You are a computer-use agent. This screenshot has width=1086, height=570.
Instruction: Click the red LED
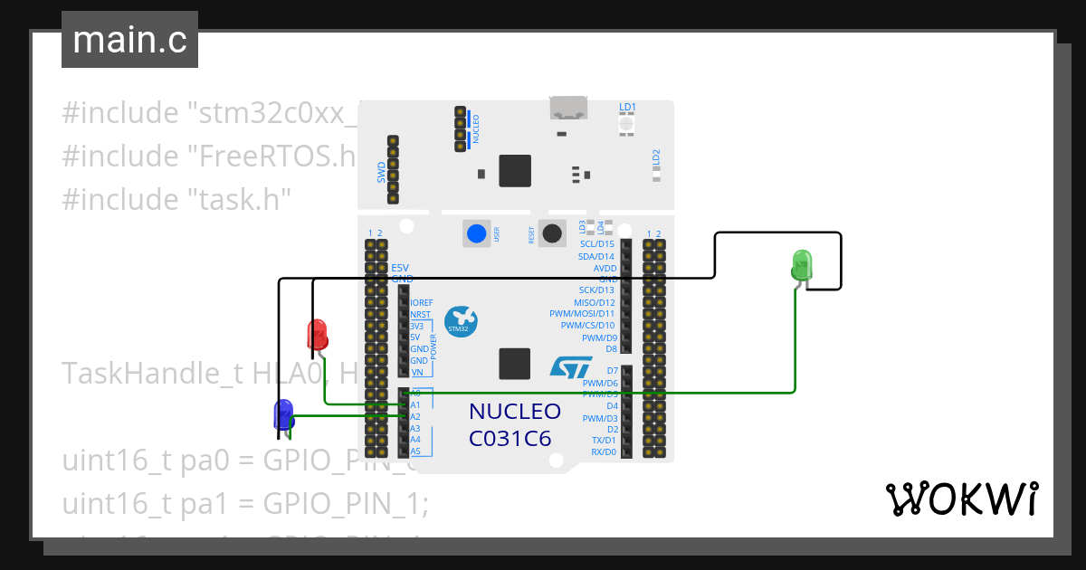[x=317, y=334]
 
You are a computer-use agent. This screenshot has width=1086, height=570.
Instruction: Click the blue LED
[x=283, y=413]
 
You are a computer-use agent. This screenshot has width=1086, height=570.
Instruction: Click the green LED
[x=802, y=265]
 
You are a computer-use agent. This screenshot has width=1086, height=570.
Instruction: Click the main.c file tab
[x=129, y=41]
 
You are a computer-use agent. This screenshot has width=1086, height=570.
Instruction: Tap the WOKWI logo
[x=960, y=499]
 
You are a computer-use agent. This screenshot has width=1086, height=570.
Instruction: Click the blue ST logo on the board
[x=571, y=366]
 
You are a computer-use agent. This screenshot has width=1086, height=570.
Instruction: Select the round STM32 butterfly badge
[x=462, y=321]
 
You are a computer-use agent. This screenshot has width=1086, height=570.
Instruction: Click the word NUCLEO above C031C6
[x=514, y=413]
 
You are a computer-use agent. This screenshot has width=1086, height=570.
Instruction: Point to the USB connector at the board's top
[x=569, y=109]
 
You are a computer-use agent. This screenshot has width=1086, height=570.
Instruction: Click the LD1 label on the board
[x=627, y=107]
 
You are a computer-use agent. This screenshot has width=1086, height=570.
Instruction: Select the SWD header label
[x=381, y=172]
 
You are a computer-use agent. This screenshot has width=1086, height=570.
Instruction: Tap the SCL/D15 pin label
[x=596, y=244]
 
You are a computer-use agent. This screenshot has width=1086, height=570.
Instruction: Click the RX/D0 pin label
[x=604, y=451]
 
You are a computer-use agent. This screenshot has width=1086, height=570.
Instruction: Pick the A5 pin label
[x=415, y=451]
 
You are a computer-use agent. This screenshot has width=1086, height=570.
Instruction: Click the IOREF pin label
[x=422, y=302]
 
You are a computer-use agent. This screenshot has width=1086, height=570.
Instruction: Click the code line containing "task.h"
[x=176, y=198]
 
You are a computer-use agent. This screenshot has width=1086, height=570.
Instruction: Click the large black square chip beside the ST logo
[x=515, y=364]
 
